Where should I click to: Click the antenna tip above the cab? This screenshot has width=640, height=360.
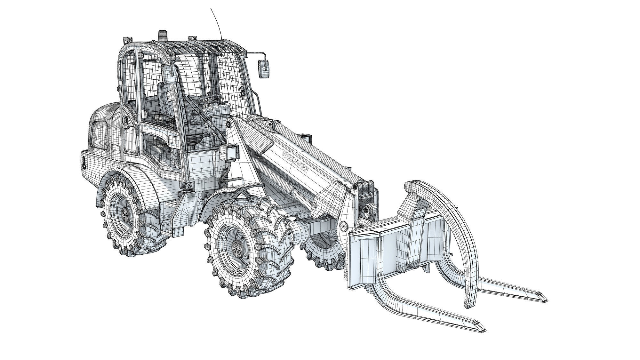pyautogui.click(x=211, y=9)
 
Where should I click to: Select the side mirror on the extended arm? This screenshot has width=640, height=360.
pyautogui.click(x=264, y=67)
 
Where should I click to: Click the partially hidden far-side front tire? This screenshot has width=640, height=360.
pyautogui.click(x=323, y=253)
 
